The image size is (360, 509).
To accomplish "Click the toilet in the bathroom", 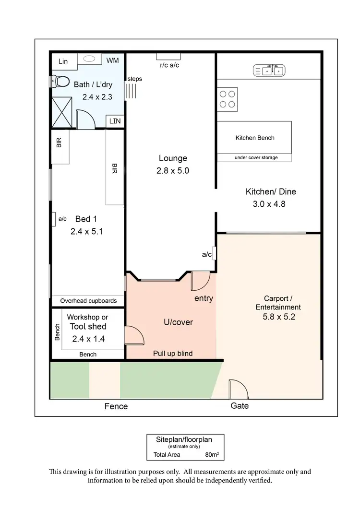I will click(58, 82).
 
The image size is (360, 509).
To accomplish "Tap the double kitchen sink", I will click(269, 71).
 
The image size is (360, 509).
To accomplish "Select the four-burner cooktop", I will click(228, 99).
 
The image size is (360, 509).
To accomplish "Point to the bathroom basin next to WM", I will click(89, 59).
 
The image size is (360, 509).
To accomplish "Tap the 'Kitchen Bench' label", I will click(255, 138).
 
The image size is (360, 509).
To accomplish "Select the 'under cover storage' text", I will click(256, 157).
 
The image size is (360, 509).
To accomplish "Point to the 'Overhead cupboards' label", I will click(88, 301).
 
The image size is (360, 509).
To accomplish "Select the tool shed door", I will click(134, 334).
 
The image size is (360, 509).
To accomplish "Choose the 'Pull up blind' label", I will click(173, 354).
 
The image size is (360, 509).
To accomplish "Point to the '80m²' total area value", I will click(211, 454).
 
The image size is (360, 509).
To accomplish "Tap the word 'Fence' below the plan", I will click(116, 406).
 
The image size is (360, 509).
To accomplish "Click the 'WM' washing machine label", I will click(113, 60).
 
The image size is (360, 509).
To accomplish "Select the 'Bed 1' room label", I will click(86, 219).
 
